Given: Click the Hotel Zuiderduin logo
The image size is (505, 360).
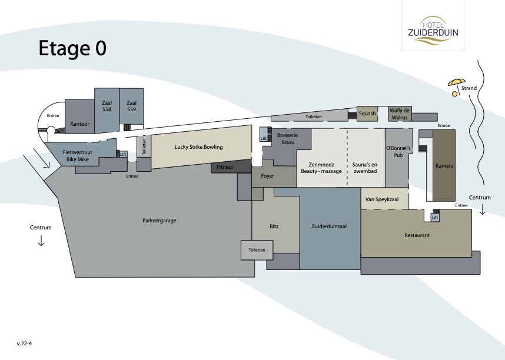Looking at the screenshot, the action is pos(433,30).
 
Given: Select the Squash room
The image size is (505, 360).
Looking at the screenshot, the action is pos(367,114).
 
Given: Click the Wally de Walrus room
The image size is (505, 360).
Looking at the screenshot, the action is pos(400,114).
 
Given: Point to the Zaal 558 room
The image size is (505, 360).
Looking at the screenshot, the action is pos(107,110).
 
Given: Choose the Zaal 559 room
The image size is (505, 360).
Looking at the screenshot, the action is pos(131,106).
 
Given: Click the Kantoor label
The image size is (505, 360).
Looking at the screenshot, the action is pos(80,124).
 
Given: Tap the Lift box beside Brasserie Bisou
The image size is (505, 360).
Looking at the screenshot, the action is pos(264,134).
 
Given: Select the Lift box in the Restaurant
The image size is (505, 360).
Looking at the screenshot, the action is pos(435,217).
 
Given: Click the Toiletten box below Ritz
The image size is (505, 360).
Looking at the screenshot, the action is pos(257,250).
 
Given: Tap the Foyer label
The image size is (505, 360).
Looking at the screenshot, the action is pos(267,176).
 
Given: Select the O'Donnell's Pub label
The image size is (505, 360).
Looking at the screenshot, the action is pos(398,152).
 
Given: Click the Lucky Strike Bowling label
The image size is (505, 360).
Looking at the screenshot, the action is pos(199,147).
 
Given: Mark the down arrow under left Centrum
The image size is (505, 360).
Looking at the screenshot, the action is pos(41,241).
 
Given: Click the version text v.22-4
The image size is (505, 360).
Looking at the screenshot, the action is pos(25,344).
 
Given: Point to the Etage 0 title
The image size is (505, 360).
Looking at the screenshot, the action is pos(72,48).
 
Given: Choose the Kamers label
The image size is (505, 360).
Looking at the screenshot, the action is pos(444,166).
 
